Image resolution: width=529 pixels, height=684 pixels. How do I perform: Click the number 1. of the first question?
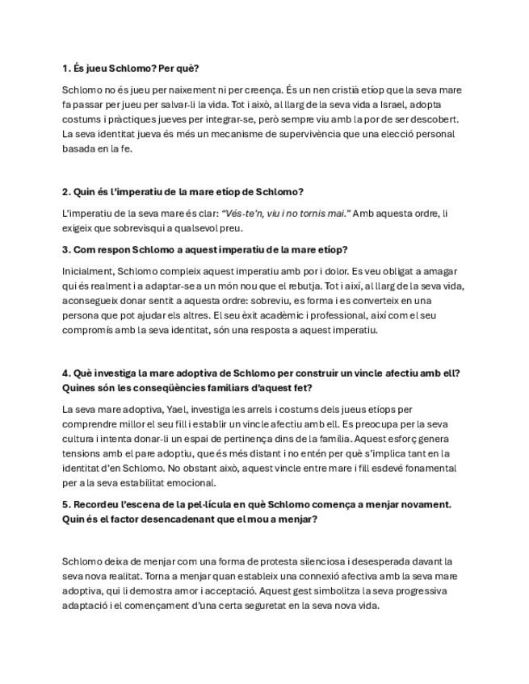click(66, 68)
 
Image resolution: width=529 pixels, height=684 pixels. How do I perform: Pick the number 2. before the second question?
click(66, 192)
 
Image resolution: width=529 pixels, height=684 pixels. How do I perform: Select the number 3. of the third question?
click(66, 250)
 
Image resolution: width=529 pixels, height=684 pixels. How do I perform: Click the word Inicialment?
click(87, 272)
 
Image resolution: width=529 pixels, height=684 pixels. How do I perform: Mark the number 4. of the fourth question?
click(66, 373)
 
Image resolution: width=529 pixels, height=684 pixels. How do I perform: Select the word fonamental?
click(422, 468)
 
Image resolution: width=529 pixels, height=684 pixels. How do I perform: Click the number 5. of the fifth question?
click(66, 504)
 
